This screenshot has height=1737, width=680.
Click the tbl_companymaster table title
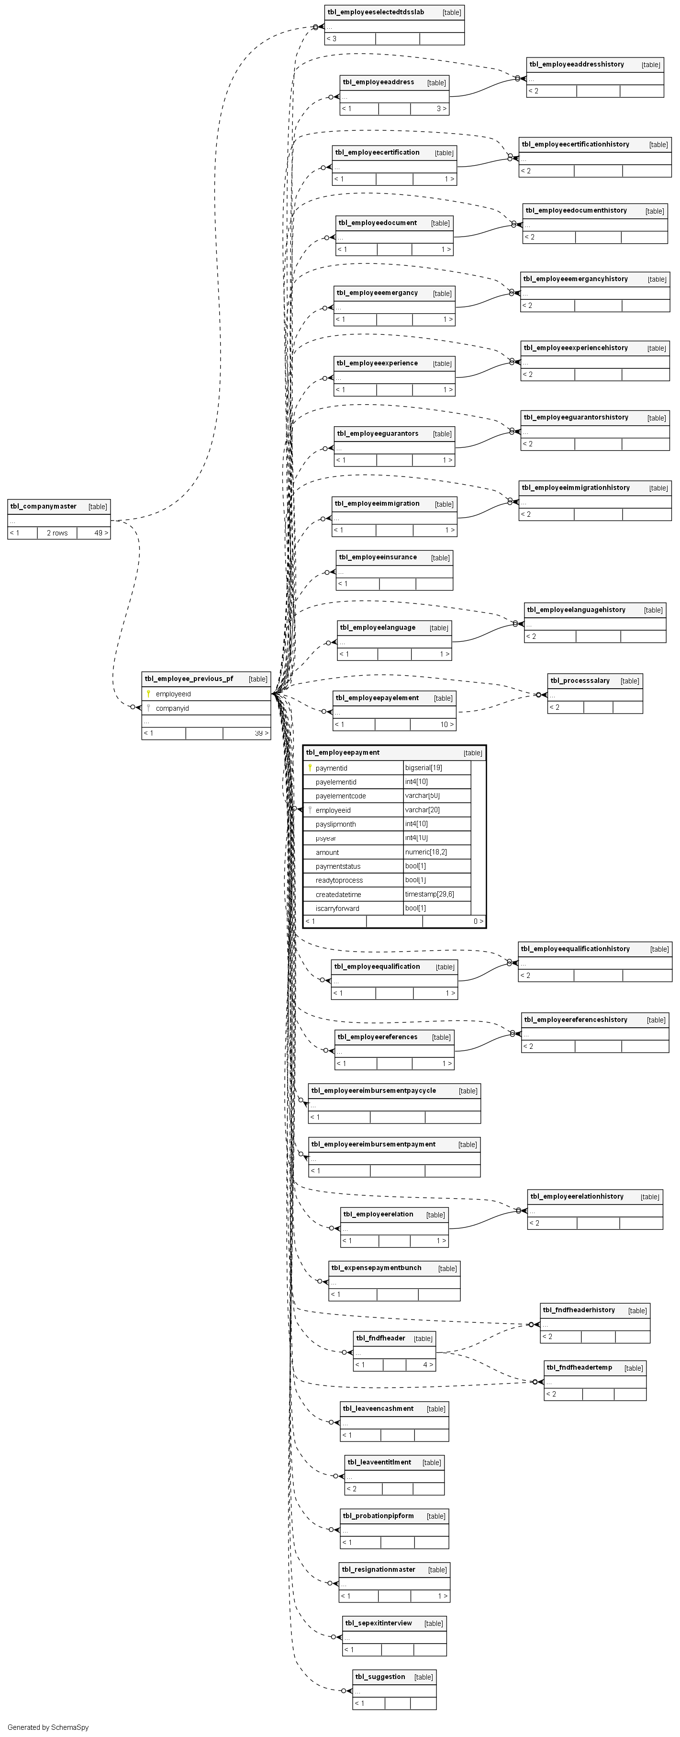pos(43,506)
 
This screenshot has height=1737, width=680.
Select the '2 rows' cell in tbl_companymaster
pos(57,533)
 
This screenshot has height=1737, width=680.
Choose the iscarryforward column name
pos(337,908)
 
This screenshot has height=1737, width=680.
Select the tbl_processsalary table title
pos(580,681)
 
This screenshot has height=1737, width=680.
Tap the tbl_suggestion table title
pos(380,1676)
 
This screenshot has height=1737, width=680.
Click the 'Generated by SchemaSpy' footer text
pos(48,1727)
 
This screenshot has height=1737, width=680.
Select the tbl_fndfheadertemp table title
pos(579,1367)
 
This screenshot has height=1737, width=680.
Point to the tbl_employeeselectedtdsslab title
pos(375,12)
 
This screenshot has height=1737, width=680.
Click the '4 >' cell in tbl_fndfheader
pos(428,1364)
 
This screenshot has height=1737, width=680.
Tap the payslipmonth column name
pos(335,824)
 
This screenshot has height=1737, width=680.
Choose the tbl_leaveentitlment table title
pos(379,1462)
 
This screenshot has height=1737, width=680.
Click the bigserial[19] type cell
pos(423,767)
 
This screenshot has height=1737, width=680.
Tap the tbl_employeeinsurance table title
pos(378,557)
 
